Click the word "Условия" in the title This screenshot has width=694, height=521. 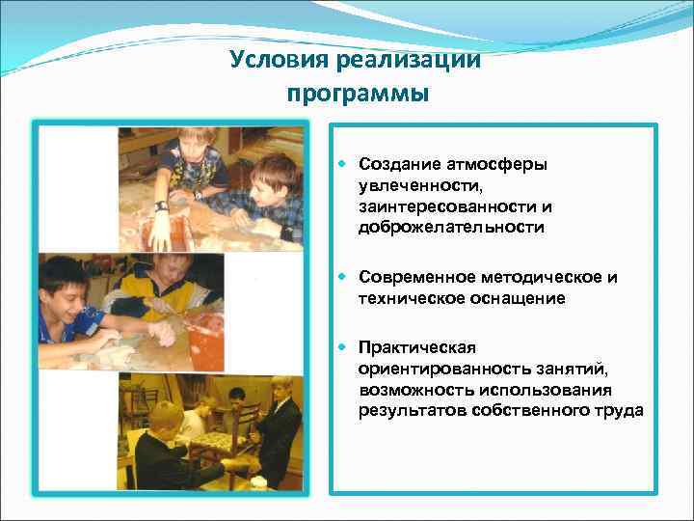click(x=280, y=61)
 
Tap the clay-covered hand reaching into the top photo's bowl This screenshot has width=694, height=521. click(x=158, y=229)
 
